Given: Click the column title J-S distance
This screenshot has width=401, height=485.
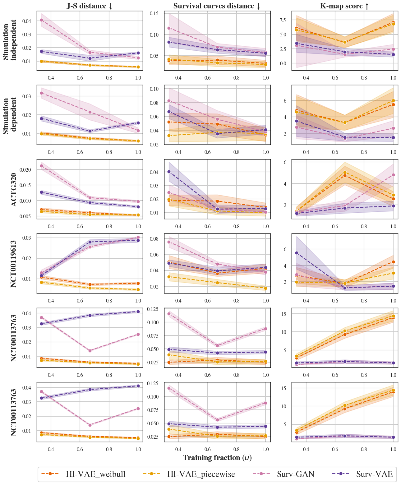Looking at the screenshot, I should [90, 6].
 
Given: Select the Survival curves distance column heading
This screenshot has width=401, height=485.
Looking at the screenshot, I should [217, 6].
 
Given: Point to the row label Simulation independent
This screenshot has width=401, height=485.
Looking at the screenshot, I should [10, 40].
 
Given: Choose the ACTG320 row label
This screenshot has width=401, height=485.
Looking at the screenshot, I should [14, 189].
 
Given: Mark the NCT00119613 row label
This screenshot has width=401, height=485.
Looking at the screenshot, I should [14, 263].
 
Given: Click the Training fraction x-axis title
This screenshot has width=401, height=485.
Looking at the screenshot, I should [217, 458].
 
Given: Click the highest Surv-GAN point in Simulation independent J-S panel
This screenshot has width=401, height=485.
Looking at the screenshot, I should [41, 20].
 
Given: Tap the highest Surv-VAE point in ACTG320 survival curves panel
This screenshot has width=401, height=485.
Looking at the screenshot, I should [169, 172].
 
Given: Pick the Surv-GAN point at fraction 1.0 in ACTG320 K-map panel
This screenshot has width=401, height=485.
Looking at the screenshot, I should [393, 175].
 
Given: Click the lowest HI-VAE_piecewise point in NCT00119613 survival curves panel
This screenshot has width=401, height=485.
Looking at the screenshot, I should [265, 288].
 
